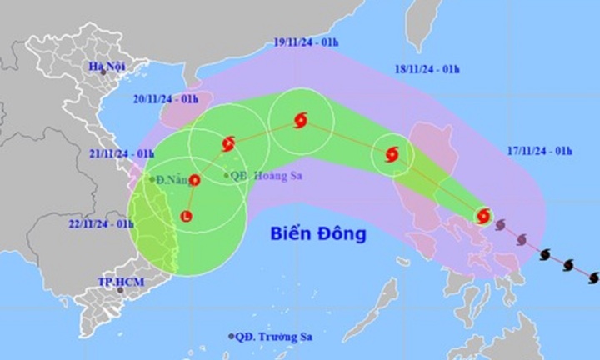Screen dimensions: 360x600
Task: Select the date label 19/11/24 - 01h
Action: tap(307, 41)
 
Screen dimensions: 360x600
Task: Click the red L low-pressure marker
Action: tap(186, 217)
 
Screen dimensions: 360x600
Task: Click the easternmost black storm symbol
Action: tap(592, 276)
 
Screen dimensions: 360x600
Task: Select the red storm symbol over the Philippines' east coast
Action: tap(483, 217)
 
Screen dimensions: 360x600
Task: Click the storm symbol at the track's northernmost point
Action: tap(301, 122)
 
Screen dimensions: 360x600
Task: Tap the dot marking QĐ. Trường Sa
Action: tap(231, 336)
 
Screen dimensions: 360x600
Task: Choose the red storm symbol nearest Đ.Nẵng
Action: tap(195, 179)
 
